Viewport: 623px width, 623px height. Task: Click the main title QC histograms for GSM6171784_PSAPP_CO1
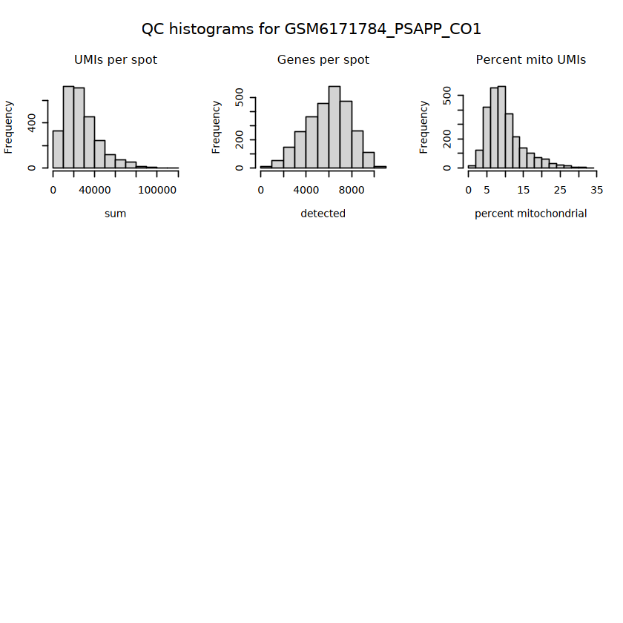311,29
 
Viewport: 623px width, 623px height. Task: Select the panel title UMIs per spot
116,59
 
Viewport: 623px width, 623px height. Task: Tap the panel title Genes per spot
323,59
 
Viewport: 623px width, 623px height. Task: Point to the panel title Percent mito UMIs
531,59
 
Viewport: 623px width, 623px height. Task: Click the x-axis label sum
115,214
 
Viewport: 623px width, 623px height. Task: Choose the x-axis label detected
323,214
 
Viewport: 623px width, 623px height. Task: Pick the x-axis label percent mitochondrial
531,214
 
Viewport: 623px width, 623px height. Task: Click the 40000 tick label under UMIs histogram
95,191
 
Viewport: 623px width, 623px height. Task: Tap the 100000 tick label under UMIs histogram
157,191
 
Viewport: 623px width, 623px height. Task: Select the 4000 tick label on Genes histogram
306,191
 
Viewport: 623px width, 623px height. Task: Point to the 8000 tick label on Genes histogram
352,191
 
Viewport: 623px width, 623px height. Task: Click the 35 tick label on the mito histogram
597,191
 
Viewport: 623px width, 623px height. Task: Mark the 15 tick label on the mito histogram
524,191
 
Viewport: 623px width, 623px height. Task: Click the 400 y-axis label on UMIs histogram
32,123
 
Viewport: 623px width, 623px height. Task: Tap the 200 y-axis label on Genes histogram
239,140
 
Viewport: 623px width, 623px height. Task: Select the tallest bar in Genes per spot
334,127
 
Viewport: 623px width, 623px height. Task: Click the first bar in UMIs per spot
58,149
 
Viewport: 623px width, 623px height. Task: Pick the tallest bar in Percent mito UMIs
501,127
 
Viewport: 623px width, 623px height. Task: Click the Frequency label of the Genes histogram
216,127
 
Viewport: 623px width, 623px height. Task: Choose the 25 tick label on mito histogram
560,191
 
